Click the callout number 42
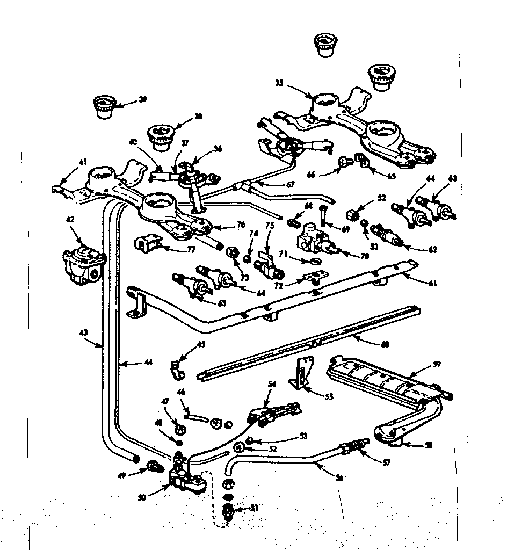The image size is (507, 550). point(70,220)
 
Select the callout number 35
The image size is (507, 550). point(279,83)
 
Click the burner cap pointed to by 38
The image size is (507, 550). point(158,136)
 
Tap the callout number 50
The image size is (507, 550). point(142,497)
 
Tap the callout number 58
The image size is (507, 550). point(428,445)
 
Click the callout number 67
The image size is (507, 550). point(291,184)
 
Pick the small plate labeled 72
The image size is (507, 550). point(314,277)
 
